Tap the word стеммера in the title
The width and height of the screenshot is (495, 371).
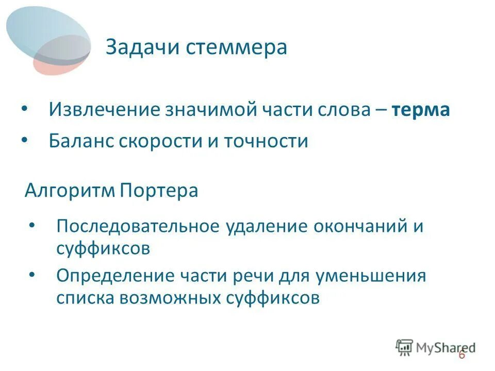click(236, 47)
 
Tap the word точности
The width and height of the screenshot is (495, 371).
click(266, 141)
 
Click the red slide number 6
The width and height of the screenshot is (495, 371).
click(461, 355)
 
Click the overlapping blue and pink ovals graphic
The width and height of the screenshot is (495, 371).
click(49, 39)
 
